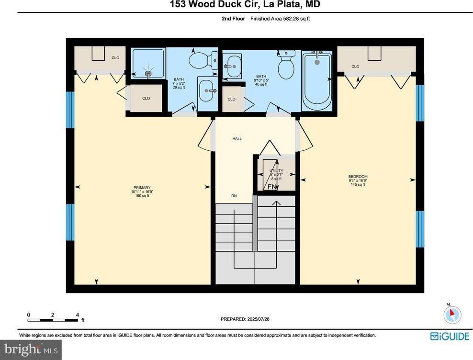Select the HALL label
click(x=237, y=139)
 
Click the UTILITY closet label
click(x=276, y=171)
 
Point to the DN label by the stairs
click(x=234, y=196)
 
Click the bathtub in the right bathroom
click(x=317, y=81)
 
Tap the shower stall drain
click(x=148, y=74)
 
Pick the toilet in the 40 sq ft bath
click(x=286, y=67)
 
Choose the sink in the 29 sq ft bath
click(x=207, y=90)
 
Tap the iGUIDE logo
click(x=450, y=336)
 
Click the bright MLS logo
click(x=31, y=350)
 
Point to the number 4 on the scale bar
click(x=78, y=315)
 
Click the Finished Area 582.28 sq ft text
click(x=283, y=19)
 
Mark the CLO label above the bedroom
click(x=355, y=67)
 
